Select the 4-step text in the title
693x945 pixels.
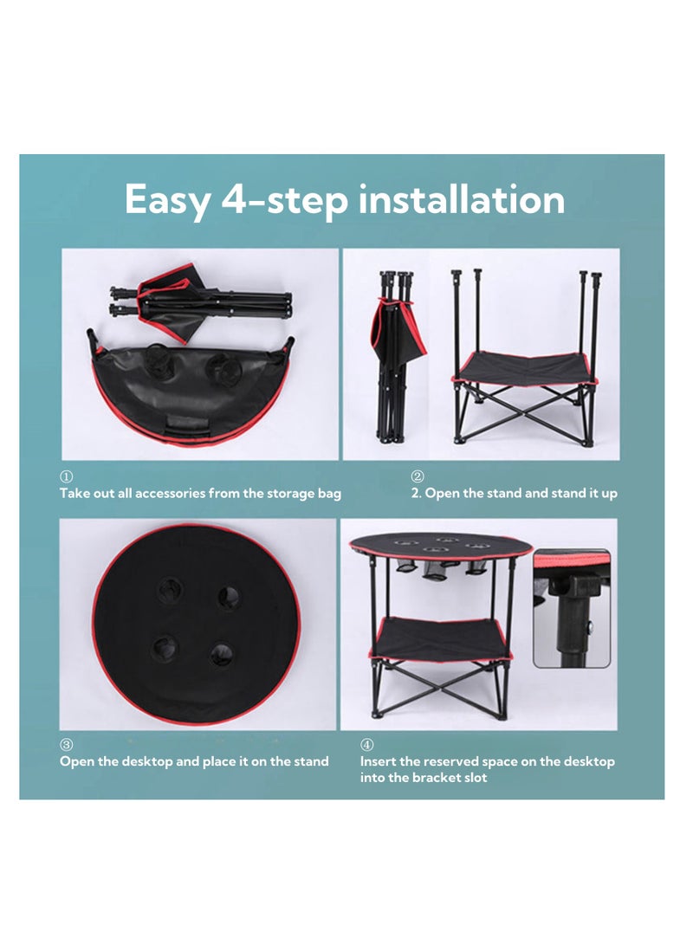(x=284, y=201)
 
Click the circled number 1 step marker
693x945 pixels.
(x=67, y=476)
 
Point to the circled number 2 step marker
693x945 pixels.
(x=418, y=476)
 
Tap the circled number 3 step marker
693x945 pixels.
(x=67, y=745)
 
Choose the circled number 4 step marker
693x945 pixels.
(x=366, y=745)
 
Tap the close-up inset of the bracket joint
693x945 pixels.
(x=571, y=608)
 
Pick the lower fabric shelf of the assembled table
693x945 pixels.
(x=441, y=639)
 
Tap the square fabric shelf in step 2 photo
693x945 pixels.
(x=524, y=367)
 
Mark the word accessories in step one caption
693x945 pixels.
(x=170, y=494)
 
